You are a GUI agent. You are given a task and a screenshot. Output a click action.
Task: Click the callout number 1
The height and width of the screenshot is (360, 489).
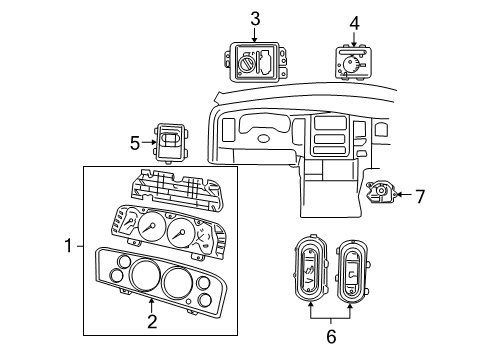68,245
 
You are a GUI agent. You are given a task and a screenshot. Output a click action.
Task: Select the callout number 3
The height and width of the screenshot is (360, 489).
255,17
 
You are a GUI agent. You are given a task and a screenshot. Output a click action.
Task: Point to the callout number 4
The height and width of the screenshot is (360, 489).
353,22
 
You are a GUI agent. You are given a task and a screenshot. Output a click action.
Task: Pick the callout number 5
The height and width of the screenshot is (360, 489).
135,143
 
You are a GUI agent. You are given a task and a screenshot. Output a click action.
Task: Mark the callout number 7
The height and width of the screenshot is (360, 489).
420,197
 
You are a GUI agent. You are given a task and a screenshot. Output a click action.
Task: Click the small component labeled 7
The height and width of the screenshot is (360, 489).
381,196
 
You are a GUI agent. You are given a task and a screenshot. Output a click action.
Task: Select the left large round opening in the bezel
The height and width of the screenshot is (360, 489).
141,275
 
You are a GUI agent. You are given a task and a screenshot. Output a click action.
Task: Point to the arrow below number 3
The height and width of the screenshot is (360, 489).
255,34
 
